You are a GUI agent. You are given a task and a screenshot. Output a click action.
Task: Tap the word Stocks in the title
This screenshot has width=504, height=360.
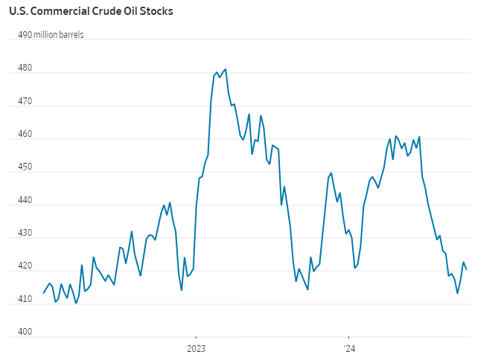click(x=156, y=12)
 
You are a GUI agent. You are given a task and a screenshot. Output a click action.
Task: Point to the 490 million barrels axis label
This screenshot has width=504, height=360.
click(x=51, y=34)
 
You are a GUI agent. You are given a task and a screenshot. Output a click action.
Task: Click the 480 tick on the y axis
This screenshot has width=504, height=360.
click(x=25, y=68)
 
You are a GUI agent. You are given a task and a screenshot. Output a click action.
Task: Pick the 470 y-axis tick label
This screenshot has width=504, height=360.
click(x=25, y=101)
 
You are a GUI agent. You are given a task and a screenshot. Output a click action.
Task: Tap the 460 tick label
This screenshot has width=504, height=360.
click(x=25, y=134)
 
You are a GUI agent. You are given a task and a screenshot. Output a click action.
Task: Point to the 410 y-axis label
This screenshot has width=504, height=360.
click(x=25, y=299)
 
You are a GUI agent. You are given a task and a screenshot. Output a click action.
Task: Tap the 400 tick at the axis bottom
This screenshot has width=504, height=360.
click(x=25, y=332)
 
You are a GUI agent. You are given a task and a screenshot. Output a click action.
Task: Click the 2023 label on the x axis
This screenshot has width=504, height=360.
click(x=196, y=348)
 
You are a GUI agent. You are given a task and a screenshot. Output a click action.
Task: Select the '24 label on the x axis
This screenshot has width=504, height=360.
click(x=348, y=348)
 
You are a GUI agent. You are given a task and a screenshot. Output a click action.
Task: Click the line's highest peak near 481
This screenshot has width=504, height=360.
click(x=226, y=69)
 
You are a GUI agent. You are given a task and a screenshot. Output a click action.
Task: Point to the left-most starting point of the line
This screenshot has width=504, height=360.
click(x=43, y=293)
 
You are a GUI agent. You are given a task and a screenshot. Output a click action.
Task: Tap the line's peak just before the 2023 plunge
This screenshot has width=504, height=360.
click(x=170, y=202)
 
